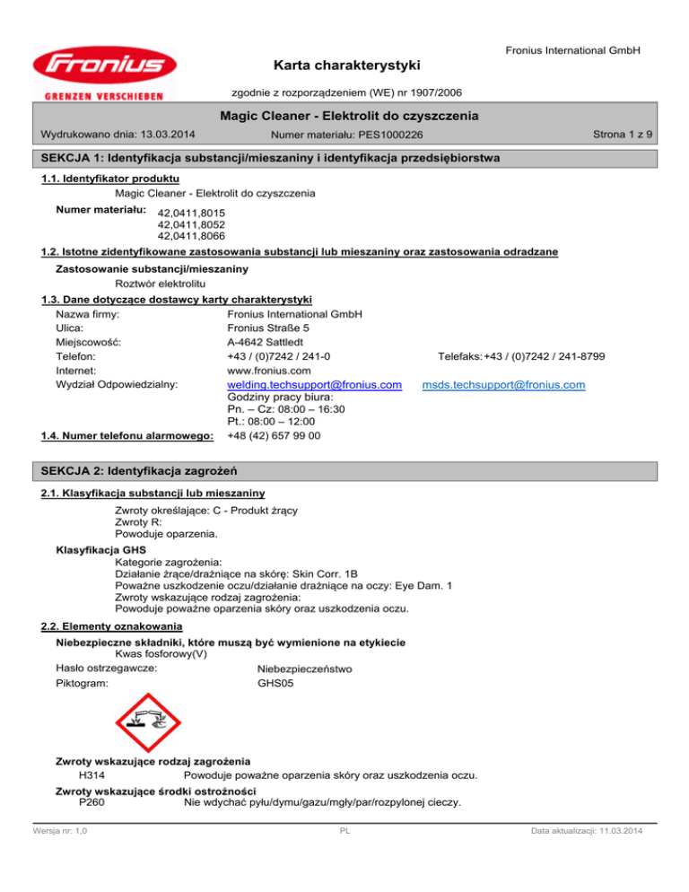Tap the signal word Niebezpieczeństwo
[x=305, y=669]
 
